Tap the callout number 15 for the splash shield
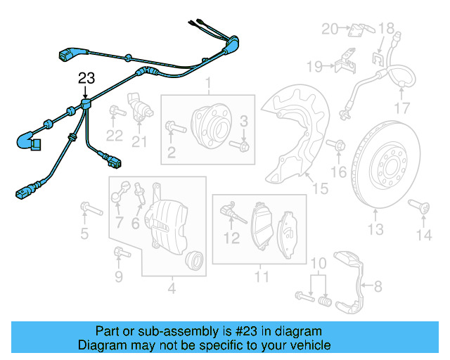tap(320, 188)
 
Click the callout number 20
tap(330, 29)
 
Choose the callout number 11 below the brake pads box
tap(261, 276)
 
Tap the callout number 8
tap(378, 286)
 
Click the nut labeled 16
tap(337, 146)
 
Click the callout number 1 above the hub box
tap(208, 86)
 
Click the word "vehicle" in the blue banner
tap(307, 345)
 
